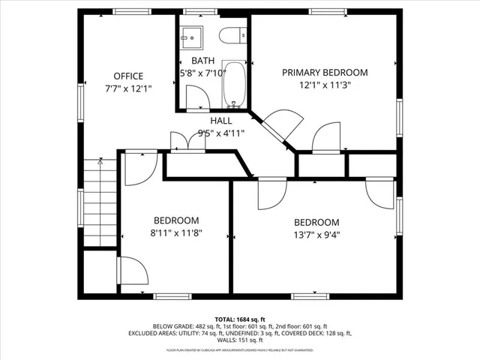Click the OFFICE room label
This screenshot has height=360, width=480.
click(128, 76)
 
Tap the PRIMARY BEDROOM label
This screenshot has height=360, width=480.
click(325, 72)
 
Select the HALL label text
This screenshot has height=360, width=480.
click(220, 120)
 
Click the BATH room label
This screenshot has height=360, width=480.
click(202, 60)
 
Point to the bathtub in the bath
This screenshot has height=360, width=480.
click(235, 84)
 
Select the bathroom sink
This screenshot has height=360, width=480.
click(190, 34)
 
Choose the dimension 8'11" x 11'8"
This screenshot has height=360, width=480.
click(176, 233)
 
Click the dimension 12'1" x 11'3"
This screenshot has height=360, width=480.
click(325, 85)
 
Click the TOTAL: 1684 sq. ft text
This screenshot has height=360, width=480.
click(239, 318)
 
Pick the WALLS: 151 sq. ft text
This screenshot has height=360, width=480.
click(240, 340)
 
